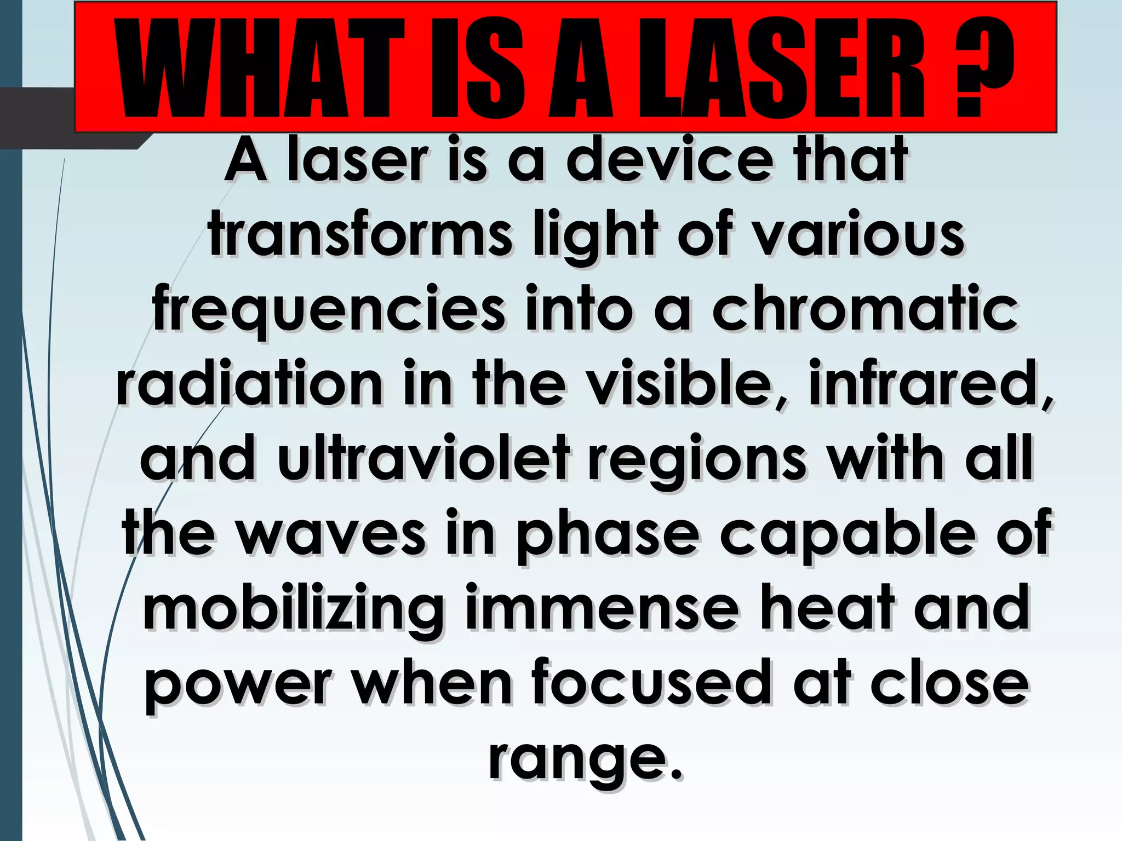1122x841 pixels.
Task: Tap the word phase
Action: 608,534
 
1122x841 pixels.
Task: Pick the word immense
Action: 602,608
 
